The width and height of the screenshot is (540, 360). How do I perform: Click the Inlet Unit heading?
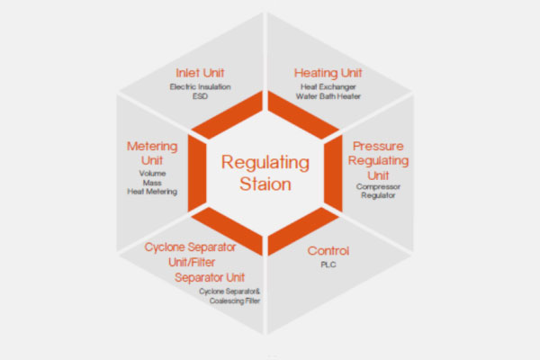[x=200, y=73]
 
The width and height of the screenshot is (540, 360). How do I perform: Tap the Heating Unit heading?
[x=328, y=73]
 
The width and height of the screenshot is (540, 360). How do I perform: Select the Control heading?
[x=328, y=251]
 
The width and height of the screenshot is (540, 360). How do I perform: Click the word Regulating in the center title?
[x=265, y=163]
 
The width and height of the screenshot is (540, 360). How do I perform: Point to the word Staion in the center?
[x=265, y=184]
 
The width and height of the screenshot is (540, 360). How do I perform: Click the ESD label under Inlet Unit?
[x=200, y=96]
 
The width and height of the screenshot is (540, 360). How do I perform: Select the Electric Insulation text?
[x=200, y=86]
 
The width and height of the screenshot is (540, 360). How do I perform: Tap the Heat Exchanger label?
[x=328, y=86]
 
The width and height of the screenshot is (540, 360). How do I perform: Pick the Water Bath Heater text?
[x=328, y=96]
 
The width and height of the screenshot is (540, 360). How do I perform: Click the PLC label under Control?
[x=328, y=265]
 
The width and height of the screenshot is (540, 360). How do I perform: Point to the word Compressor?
[x=378, y=186]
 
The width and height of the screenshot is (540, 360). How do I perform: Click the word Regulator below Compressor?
[x=378, y=195]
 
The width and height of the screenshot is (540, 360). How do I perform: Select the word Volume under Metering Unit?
[x=152, y=174]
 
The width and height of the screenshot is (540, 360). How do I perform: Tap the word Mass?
[x=152, y=183]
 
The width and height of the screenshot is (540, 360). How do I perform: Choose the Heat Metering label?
[x=152, y=192]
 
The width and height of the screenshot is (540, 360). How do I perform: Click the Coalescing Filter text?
[x=235, y=301]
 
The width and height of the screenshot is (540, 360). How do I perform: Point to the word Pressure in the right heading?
[x=378, y=147]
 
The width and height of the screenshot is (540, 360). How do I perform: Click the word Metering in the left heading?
[x=152, y=147]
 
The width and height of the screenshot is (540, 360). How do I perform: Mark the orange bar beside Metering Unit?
[x=197, y=174]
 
